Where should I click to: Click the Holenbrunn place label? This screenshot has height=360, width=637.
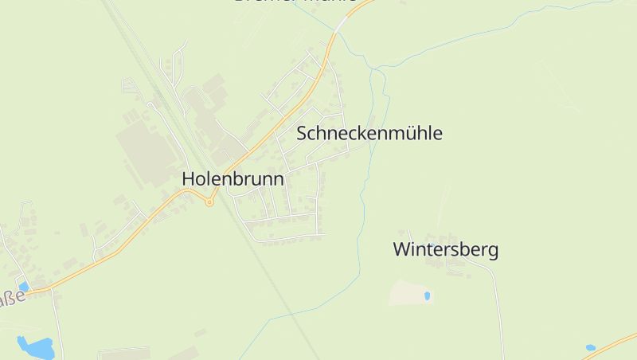coord(233,179)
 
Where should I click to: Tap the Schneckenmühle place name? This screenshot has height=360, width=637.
coord(369,133)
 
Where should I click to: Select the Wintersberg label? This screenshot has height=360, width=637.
coord(446,249)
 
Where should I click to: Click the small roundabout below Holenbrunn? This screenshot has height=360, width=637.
coord(209,202)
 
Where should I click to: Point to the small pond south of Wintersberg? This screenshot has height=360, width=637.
coord(428,295)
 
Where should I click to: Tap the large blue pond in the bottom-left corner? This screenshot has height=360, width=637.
coord(36,347)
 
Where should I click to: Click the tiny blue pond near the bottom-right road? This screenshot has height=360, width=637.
coord(590,347)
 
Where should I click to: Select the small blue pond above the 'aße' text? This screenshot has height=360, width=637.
coord(24,286)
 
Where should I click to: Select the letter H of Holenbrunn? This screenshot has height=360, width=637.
coord(189,179)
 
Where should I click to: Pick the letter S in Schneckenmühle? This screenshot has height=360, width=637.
coord(302,133)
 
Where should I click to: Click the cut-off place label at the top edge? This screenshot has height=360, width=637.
coord(295,2)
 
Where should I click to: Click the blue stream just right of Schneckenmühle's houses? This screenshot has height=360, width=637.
coord(368,159)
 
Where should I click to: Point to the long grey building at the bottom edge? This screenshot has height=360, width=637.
coord(125,353)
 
